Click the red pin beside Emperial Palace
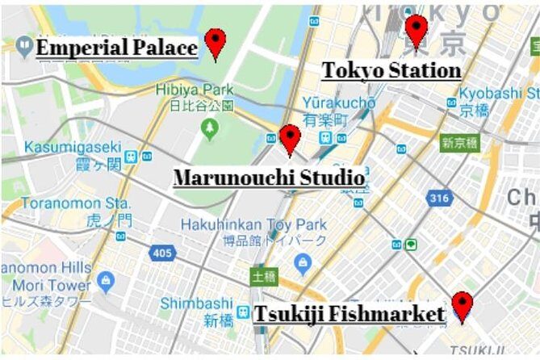tap(215, 42)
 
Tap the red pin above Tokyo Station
tap(416, 29)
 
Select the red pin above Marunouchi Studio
tap(290, 138)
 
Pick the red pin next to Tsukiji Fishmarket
tap(462, 305)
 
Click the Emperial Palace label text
tap(117, 48)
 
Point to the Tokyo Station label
tap(391, 70)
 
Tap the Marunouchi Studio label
tap(269, 177)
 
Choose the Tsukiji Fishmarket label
tap(350, 313)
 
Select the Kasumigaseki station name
tap(72, 148)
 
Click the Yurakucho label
tap(339, 103)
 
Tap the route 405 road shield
tap(162, 253)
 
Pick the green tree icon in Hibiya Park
tap(210, 127)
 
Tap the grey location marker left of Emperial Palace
tap(24, 47)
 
